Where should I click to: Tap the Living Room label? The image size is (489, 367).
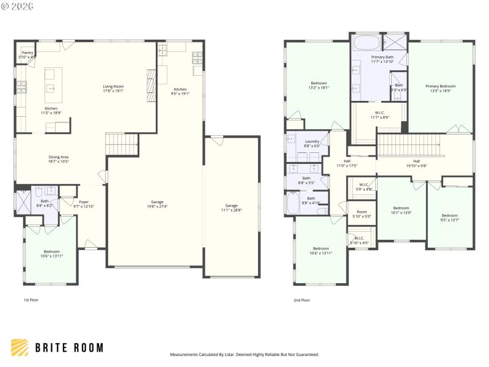(x=113, y=89)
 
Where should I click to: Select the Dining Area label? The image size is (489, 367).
(x=59, y=159)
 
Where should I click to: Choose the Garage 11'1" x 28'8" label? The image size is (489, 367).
(x=231, y=208)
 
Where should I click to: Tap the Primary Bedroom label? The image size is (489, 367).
(x=441, y=89)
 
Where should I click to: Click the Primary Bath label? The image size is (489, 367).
(x=382, y=59)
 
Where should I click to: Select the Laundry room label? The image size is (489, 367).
(x=312, y=143)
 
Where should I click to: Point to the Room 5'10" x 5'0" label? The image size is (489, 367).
(x=361, y=214)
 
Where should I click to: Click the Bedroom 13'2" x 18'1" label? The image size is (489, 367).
(x=318, y=85)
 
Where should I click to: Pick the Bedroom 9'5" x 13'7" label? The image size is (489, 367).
(x=450, y=217)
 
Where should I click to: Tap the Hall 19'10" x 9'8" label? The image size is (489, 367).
(x=416, y=163)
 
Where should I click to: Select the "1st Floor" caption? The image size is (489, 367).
(x=32, y=300)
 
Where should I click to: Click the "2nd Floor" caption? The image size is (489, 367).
(x=302, y=300)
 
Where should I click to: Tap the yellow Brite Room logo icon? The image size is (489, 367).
(x=19, y=347)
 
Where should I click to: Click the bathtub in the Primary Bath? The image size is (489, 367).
(x=366, y=43)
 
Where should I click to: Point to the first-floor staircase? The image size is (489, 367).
(x=123, y=144)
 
